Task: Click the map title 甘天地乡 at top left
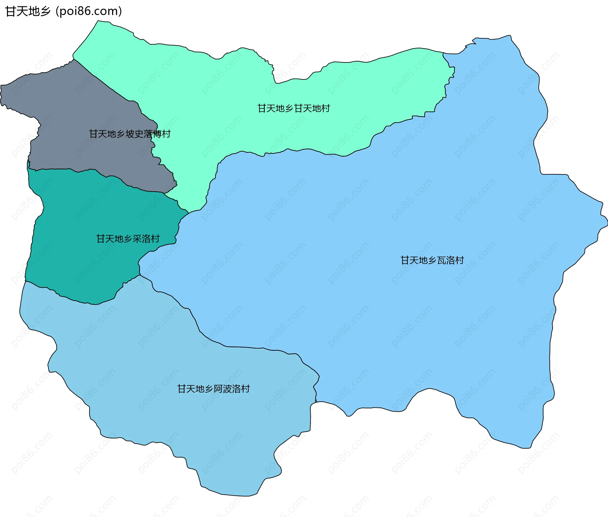pyautogui.click(x=28, y=11)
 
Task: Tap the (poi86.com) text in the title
pyautogui.click(x=89, y=11)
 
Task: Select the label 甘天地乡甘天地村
pyautogui.click(x=294, y=109)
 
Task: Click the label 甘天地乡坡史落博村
pyautogui.click(x=130, y=134)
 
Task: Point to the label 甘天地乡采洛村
pyautogui.click(x=128, y=239)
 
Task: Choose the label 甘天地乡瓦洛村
pyautogui.click(x=432, y=260)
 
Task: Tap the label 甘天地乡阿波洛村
pyautogui.click(x=213, y=389)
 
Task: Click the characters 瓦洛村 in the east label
pyautogui.click(x=450, y=260)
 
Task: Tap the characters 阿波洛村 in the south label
pyautogui.click(x=232, y=389)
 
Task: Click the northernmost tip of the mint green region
pyautogui.click(x=98, y=21)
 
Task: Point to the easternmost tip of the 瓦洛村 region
pyautogui.click(x=607, y=223)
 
